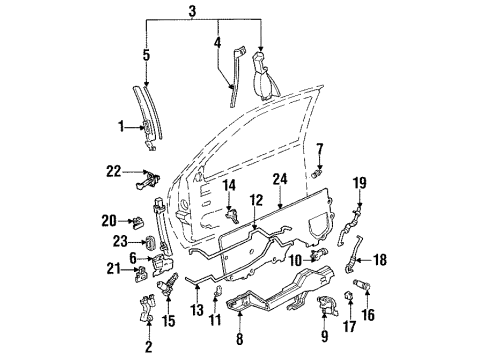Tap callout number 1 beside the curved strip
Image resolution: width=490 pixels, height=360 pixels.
[x=120, y=127]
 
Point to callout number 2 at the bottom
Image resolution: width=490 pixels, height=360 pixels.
[x=148, y=349]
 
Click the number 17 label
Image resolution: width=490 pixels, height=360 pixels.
[x=350, y=324]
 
